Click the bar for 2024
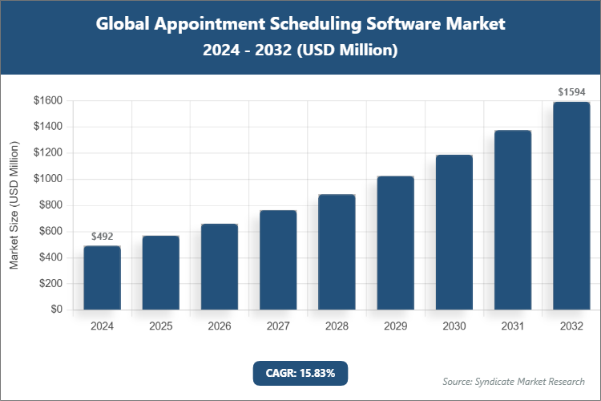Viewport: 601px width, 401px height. (x=102, y=277)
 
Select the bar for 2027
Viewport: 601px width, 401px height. (x=278, y=260)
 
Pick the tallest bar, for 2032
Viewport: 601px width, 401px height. (x=571, y=205)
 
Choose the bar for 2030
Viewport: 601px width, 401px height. (x=454, y=233)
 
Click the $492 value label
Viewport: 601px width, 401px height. (x=102, y=237)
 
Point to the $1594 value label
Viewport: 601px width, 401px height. (x=571, y=92)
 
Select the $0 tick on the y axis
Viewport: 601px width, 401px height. (x=56, y=310)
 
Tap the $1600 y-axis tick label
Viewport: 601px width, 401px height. (x=48, y=100)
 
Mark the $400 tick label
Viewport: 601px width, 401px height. (x=50, y=257)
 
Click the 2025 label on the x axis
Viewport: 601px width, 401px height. (x=160, y=326)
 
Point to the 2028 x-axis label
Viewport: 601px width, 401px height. (x=337, y=326)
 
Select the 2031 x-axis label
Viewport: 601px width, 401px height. (x=513, y=326)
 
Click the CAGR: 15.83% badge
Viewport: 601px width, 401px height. (x=300, y=373)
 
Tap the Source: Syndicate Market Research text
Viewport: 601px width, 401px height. (x=514, y=381)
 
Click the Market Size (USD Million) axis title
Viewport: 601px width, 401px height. (x=14, y=205)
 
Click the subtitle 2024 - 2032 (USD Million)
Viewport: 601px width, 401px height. (x=300, y=51)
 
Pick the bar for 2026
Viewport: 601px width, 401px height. (x=219, y=266)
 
